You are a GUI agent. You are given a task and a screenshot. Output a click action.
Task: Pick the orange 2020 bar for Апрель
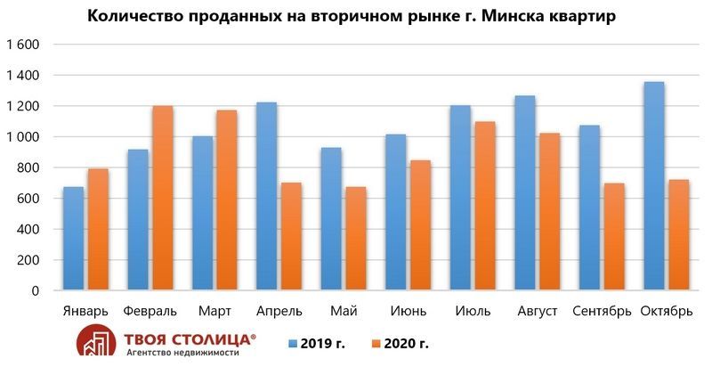(x=290, y=237)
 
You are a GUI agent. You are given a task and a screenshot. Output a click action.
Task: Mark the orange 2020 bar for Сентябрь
(x=614, y=237)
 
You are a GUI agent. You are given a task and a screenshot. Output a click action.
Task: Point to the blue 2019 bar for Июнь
(x=397, y=213)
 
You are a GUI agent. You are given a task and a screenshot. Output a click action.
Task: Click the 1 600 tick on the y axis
(x=23, y=45)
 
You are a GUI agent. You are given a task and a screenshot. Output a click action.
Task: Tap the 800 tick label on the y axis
(x=29, y=168)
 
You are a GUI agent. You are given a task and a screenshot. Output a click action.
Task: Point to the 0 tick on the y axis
(x=36, y=291)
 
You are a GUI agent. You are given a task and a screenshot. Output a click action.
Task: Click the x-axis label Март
(x=214, y=311)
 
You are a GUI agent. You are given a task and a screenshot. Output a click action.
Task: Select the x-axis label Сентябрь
(x=602, y=311)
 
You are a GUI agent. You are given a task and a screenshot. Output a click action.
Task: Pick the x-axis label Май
(x=344, y=311)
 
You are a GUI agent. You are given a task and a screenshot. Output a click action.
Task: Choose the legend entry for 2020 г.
(x=410, y=342)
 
